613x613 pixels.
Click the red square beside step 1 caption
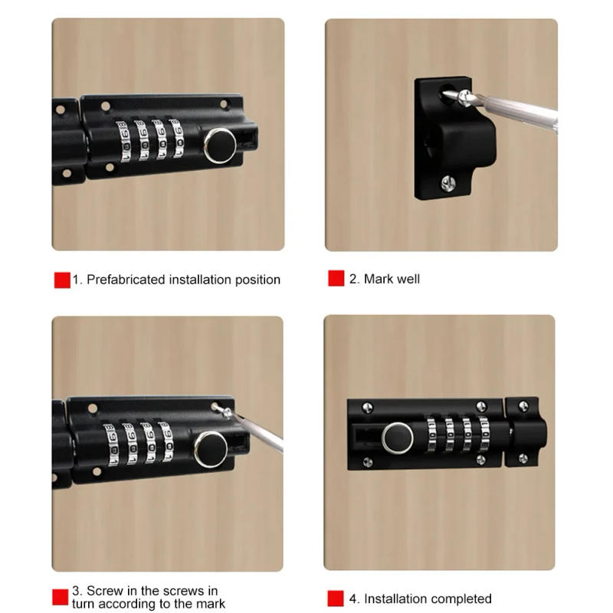coord(62,280)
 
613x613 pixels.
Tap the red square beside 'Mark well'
coord(336,279)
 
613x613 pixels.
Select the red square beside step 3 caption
coord(60,597)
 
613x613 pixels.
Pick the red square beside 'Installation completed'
coord(336,598)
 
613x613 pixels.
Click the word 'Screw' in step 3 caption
coord(104,591)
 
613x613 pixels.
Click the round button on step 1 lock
coord(220,145)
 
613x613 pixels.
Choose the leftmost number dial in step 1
coord(123,140)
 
